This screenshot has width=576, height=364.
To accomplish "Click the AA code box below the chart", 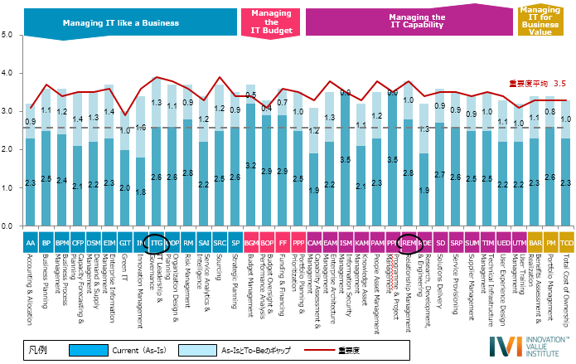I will tap(30, 243).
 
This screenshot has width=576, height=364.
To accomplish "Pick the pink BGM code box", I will tap(250, 243).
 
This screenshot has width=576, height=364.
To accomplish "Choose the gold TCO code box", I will tap(566, 243).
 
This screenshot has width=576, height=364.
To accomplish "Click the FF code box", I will tap(282, 243).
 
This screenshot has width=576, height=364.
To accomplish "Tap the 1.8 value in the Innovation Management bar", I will tap(140, 192).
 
